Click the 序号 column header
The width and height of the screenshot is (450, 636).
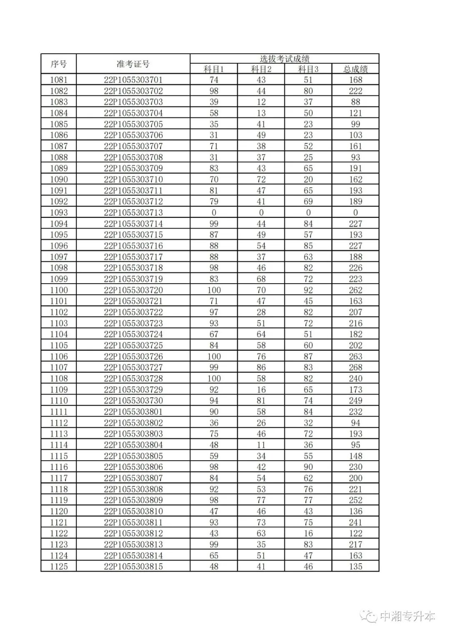(x=59, y=64)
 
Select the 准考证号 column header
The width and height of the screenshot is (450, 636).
(x=133, y=64)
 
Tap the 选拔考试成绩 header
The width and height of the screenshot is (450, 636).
(x=285, y=59)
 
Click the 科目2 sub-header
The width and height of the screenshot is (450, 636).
(x=261, y=69)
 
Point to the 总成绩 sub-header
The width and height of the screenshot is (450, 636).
(x=355, y=69)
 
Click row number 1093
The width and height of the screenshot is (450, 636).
(x=59, y=212)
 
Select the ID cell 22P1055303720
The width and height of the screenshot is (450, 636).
(x=133, y=290)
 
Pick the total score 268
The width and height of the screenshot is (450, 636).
(x=355, y=367)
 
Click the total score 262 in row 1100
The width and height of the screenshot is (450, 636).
(x=355, y=290)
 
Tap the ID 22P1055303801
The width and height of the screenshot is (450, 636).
(x=133, y=412)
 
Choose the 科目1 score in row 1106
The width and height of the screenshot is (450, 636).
(x=214, y=357)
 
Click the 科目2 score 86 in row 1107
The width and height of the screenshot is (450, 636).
(x=261, y=367)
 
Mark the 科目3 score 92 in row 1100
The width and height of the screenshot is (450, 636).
(x=308, y=290)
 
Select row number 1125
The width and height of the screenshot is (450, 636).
(x=59, y=566)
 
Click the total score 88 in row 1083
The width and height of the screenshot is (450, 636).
(x=355, y=102)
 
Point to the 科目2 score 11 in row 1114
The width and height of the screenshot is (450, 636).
(x=261, y=445)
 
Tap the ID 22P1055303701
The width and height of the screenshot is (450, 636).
(x=133, y=80)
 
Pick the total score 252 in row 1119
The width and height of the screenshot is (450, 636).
(x=355, y=500)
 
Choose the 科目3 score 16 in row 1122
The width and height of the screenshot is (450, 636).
(x=308, y=533)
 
